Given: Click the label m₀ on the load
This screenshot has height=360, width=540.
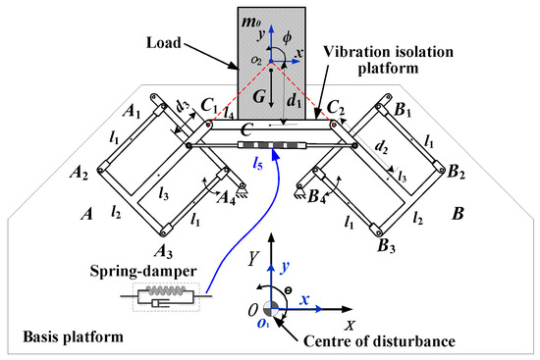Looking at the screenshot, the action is click(251, 23).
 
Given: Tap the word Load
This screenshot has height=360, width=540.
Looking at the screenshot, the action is click(164, 43).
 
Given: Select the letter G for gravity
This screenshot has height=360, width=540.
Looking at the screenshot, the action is click(259, 97).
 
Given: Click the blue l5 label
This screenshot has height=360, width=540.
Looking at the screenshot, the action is click(257, 165).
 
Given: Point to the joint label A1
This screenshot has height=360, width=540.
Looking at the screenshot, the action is click(132, 112).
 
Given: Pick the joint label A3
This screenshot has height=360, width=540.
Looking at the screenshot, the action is click(163, 251).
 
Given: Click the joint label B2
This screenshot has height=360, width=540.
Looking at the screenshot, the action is click(456, 172).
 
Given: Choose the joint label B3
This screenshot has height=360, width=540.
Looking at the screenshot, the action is click(387, 246).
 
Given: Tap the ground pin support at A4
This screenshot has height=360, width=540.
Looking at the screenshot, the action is click(243, 190).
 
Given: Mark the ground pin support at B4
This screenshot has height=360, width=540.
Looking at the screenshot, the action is click(299, 191).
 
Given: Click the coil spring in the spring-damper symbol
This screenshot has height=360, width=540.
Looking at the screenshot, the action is click(166, 290).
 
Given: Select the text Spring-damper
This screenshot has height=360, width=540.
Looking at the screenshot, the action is click(143, 271).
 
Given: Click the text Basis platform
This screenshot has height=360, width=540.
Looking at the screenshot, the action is click(73, 336).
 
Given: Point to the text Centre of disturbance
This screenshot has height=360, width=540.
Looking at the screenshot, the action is click(379, 341).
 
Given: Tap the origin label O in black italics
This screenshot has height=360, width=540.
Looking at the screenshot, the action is click(253, 310).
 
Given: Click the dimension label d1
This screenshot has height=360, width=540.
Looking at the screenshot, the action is click(294, 101).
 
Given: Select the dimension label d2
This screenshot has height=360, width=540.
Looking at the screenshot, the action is click(381, 147).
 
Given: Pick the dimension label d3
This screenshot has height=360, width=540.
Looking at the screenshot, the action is click(183, 107).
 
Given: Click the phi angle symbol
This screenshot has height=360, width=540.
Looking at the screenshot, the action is click(287, 37).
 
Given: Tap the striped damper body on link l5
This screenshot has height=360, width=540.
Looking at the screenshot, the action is click(272, 145).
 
